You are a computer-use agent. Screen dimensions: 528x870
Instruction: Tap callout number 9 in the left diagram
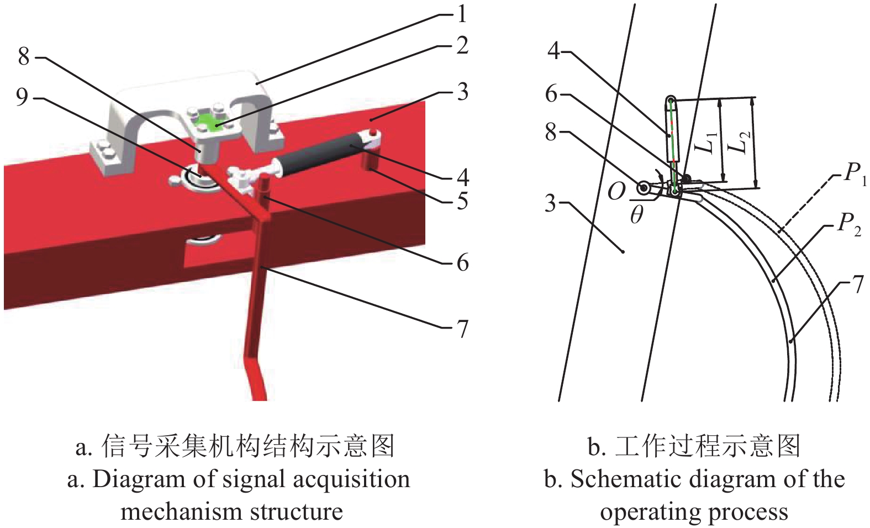coord(22,98)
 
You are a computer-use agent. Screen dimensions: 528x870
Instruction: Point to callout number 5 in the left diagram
coord(462,201)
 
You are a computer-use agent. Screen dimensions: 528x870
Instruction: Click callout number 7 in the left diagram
coord(462,329)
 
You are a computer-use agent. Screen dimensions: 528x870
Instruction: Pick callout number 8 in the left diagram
coord(23,56)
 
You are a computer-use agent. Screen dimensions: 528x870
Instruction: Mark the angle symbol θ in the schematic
coord(636,215)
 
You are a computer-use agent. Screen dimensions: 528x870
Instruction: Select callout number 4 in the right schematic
coord(554,51)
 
